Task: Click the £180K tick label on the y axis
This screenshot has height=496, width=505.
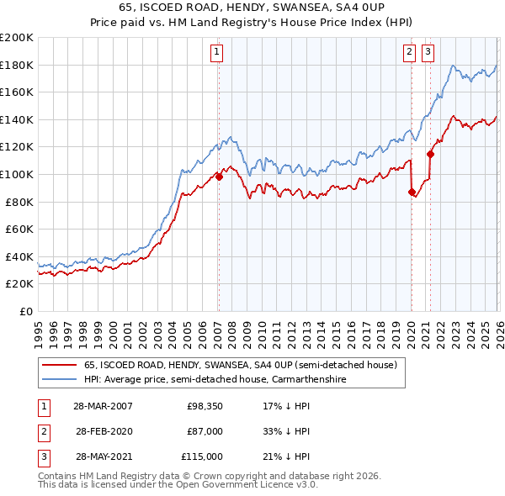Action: tap(17, 65)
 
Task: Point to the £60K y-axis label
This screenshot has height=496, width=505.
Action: tap(19, 229)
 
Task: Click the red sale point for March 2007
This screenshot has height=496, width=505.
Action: tap(219, 177)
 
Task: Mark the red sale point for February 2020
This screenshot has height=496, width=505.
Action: tap(412, 193)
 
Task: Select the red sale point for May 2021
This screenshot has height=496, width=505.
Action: tap(430, 154)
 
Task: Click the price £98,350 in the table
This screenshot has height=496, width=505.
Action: tap(205, 406)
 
